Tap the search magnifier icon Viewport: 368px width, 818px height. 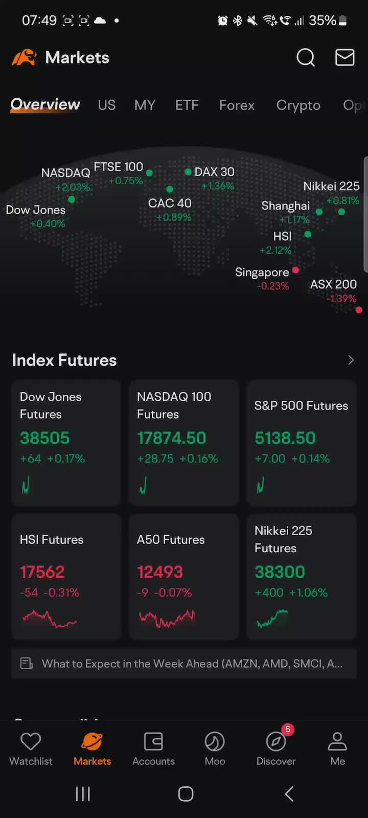tap(306, 58)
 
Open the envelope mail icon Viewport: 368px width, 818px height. tap(344, 58)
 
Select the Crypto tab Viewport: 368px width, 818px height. tap(298, 105)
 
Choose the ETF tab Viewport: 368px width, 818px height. tap(187, 105)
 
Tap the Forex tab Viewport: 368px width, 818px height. tap(237, 105)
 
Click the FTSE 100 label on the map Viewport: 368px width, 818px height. tap(119, 167)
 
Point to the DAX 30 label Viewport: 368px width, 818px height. tap(214, 172)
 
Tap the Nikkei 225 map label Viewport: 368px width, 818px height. tap(331, 186)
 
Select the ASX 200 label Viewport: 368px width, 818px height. tap(333, 284)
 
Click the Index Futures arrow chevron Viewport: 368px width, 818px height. tap(351, 360)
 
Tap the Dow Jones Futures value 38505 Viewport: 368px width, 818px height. tap(45, 438)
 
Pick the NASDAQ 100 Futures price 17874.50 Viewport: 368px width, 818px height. tap(171, 438)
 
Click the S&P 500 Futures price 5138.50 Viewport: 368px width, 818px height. tap(285, 438)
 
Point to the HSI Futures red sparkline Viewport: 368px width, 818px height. tap(49, 619)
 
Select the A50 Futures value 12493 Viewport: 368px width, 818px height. tap(159, 572)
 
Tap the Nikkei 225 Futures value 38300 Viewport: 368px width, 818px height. tap(280, 572)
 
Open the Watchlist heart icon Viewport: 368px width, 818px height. tap(31, 742)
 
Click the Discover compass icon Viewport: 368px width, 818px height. tap(276, 742)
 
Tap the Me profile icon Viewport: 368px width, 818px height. tap(337, 742)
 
